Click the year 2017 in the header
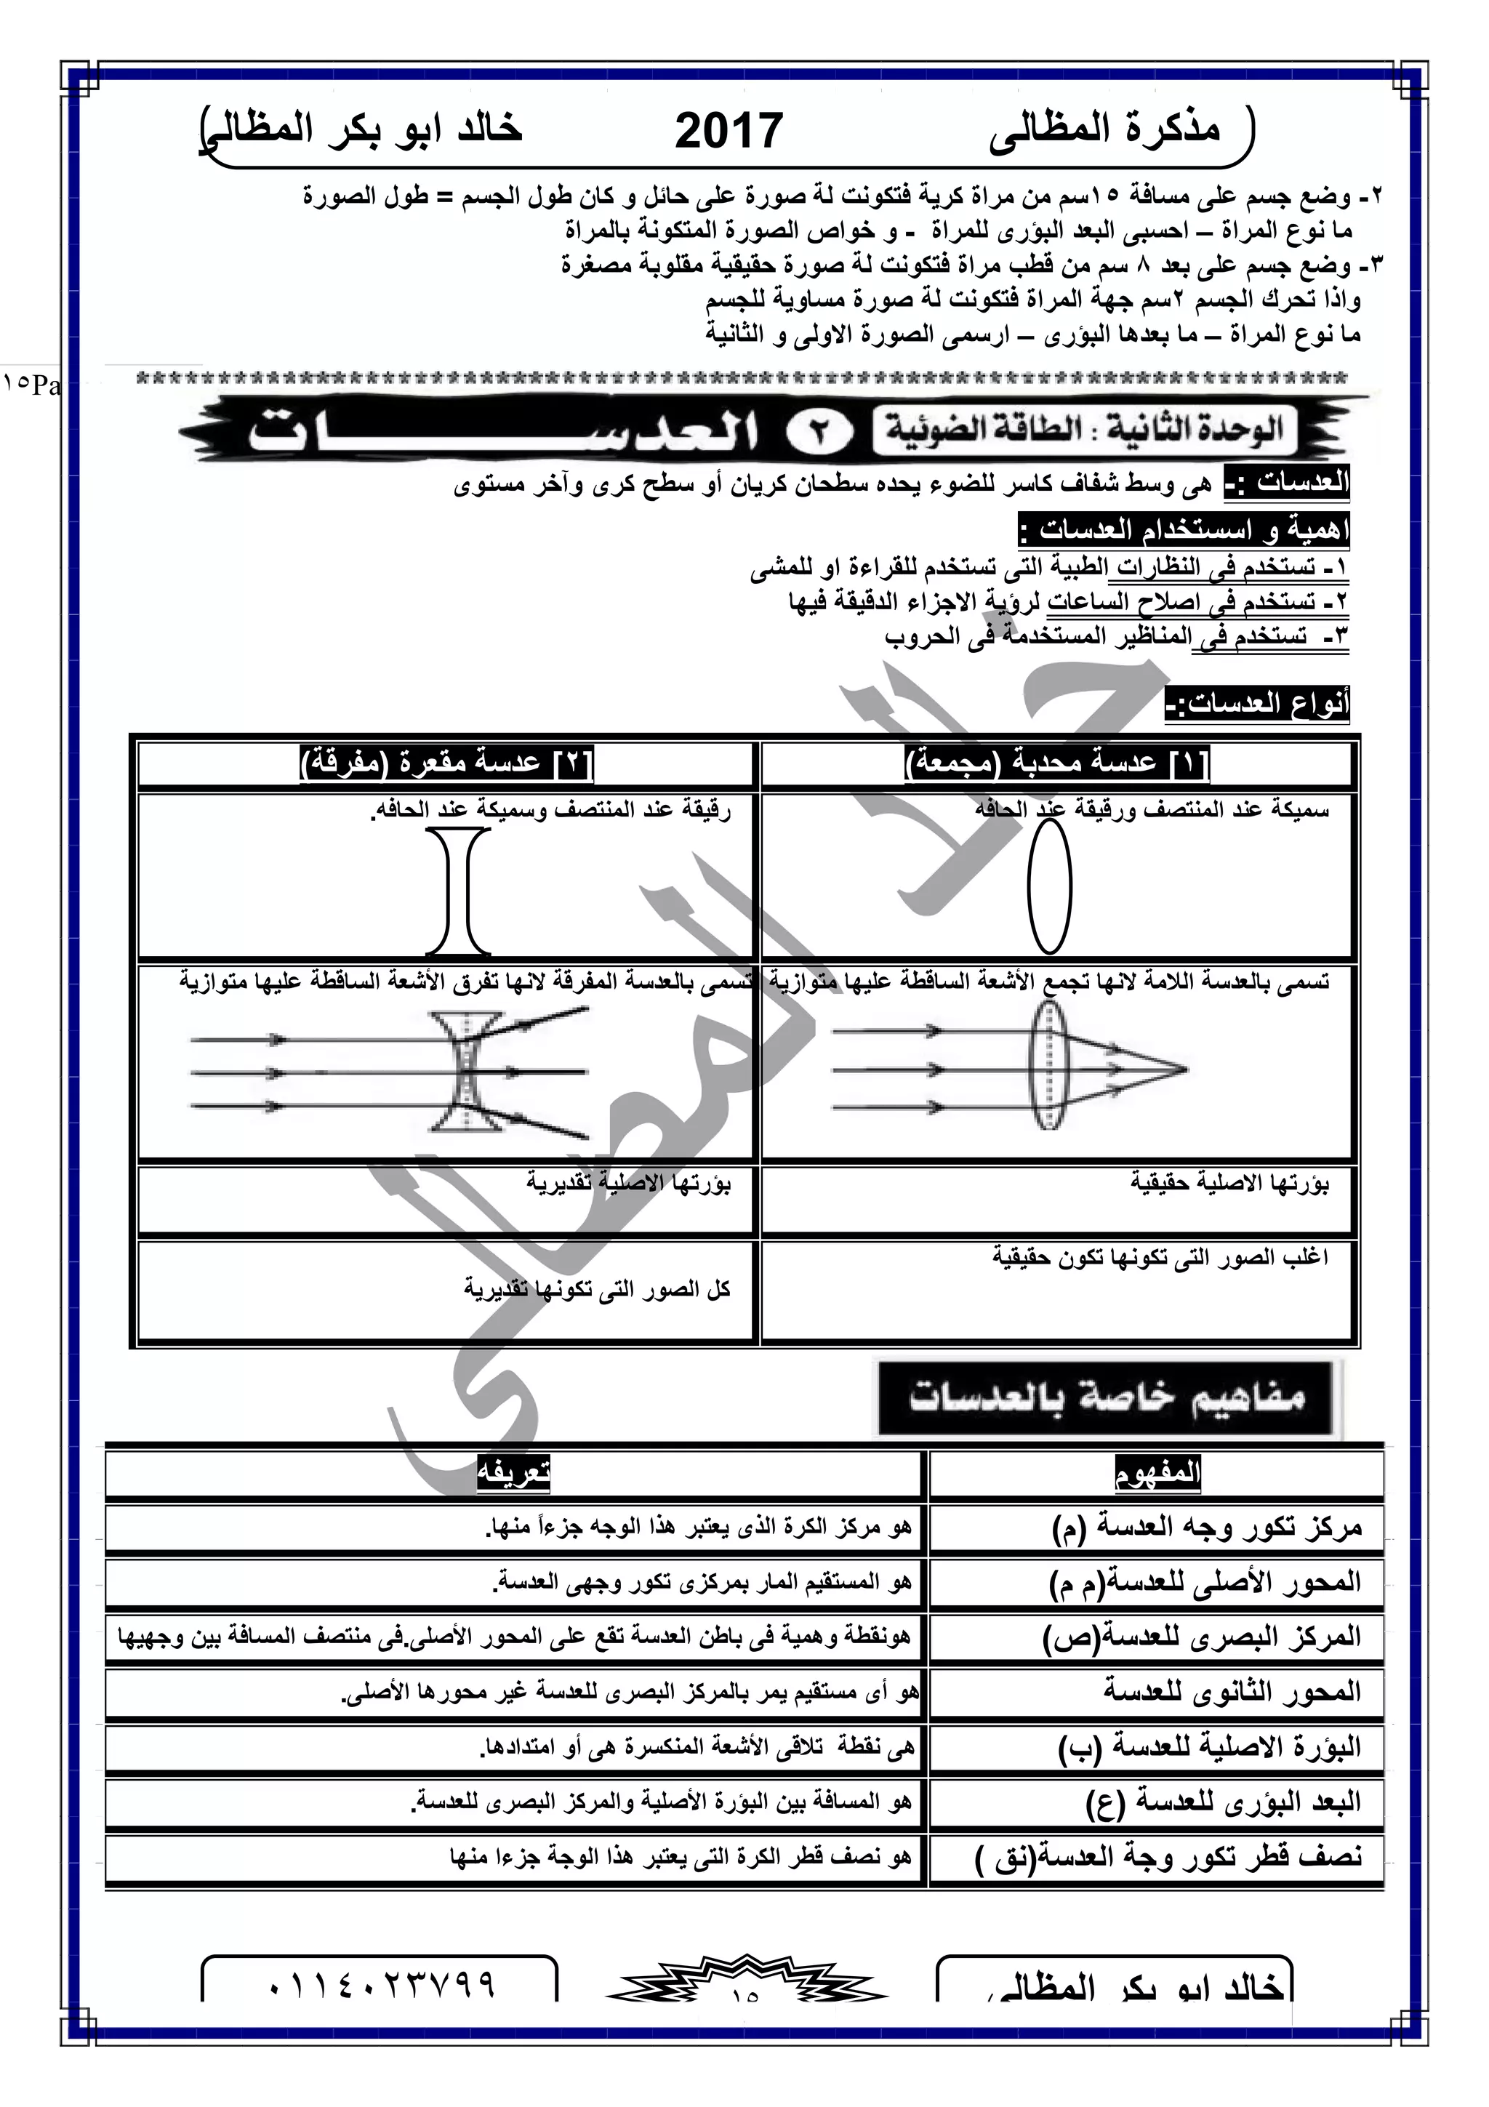click(729, 130)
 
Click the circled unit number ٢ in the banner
click(819, 432)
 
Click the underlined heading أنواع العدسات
click(1257, 705)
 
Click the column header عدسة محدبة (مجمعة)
click(1057, 763)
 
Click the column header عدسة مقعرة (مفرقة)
click(447, 763)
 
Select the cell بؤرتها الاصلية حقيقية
click(1229, 1184)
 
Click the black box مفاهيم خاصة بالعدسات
click(1107, 1399)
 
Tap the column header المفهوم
click(1157, 1474)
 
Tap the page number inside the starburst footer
click(745, 1992)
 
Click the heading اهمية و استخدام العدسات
click(1184, 531)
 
